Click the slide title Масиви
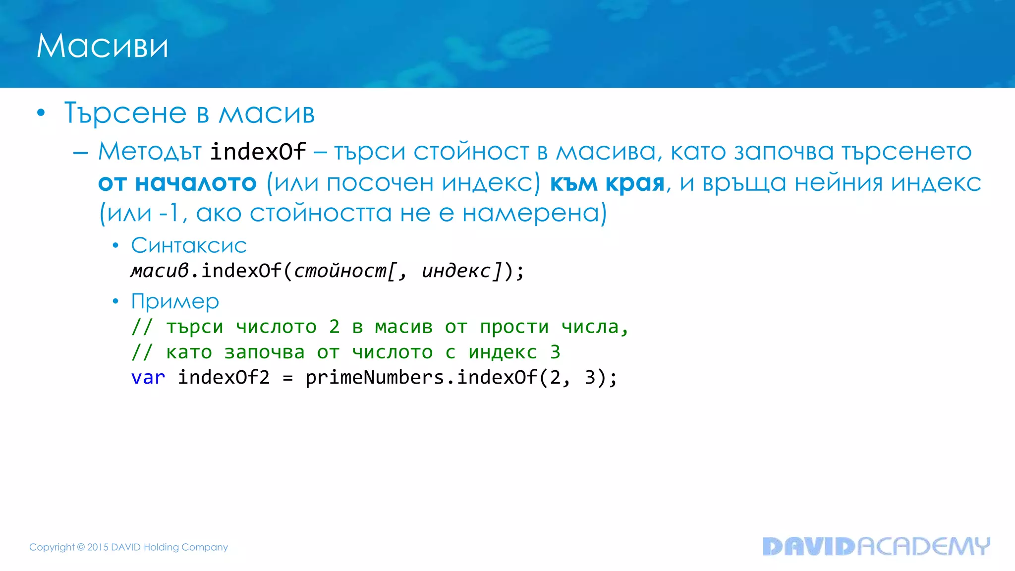pyautogui.click(x=102, y=46)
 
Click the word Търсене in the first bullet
pyautogui.click(x=125, y=113)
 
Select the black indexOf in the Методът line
pyautogui.click(x=258, y=152)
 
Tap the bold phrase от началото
pyautogui.click(x=177, y=183)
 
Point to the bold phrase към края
pyautogui.click(x=607, y=183)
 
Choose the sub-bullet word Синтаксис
pyautogui.click(x=189, y=245)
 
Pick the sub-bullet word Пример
pyautogui.click(x=175, y=301)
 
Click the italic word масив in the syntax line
pyautogui.click(x=160, y=271)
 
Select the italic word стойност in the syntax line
pyautogui.click(x=340, y=271)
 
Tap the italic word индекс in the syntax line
pyautogui.click(x=456, y=271)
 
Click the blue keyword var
pyautogui.click(x=148, y=378)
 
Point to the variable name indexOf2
pyautogui.click(x=224, y=378)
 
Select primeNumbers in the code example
pyautogui.click(x=375, y=378)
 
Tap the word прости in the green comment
pyautogui.click(x=514, y=327)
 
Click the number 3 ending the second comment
pyautogui.click(x=555, y=352)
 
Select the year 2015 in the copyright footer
pyautogui.click(x=98, y=547)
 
